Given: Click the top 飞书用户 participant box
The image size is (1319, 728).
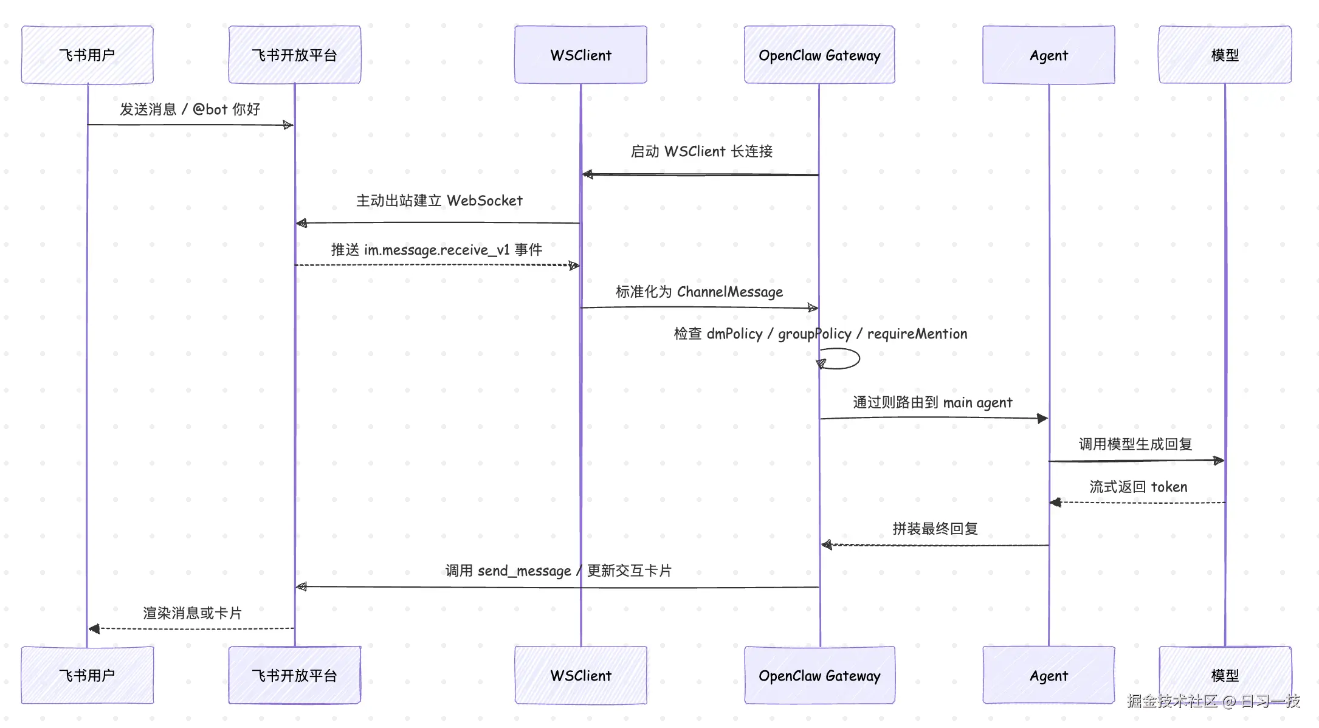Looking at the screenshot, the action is [88, 55].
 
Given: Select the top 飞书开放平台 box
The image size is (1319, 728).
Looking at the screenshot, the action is [295, 55].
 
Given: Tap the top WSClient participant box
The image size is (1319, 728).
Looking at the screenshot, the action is [580, 55].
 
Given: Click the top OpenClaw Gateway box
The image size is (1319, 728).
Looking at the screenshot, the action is [819, 55].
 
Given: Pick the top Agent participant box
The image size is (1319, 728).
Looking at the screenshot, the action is [1049, 55].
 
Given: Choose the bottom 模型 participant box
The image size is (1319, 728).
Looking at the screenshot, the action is [1225, 675].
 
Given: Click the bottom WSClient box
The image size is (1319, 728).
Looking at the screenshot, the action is [580, 675].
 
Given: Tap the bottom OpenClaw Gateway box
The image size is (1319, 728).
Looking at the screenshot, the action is [819, 675].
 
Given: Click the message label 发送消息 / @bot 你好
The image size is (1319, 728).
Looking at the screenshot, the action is [190, 109].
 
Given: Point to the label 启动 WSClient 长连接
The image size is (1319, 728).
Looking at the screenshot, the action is [701, 151].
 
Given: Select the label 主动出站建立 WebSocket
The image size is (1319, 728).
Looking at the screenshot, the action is [439, 201].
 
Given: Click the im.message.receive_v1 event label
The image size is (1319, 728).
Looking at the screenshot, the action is [436, 250].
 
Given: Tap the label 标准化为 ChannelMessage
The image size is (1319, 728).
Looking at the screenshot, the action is [699, 292].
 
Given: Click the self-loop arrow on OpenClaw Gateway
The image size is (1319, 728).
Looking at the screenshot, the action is [859, 359].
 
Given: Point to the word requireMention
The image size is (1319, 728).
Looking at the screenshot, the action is [917, 334].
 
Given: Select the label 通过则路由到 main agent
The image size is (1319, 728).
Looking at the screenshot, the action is [932, 402].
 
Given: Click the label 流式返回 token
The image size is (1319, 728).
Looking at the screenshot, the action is [1138, 487].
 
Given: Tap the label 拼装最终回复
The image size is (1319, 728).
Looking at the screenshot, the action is [935, 529].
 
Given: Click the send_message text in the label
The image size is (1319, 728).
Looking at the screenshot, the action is [525, 571].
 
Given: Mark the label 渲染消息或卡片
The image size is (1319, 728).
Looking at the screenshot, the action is [192, 613].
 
